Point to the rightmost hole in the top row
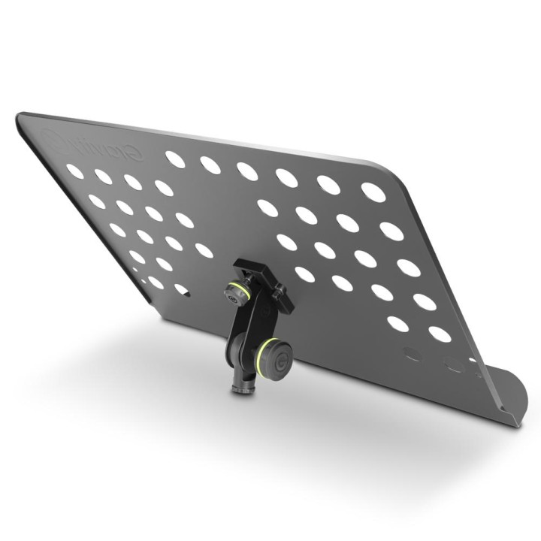tap(373, 192)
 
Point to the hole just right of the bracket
tap(304, 274)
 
